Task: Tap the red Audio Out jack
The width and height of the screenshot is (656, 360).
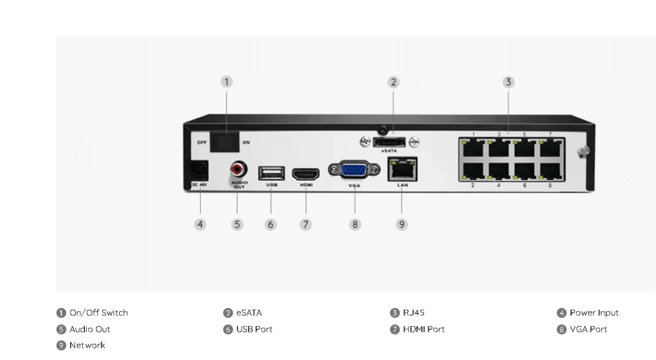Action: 238,170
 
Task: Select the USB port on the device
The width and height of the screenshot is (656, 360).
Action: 271,173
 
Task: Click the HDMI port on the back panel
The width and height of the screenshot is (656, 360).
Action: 306,173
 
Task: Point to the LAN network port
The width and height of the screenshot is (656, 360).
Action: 402,170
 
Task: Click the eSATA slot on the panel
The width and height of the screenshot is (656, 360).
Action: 388,142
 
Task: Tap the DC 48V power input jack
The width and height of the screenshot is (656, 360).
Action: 199,170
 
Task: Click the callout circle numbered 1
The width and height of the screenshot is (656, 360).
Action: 227,82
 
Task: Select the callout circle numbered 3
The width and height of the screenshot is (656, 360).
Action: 508,82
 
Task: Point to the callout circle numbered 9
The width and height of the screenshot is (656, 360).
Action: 402,224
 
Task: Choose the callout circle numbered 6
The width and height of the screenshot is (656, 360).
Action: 270,224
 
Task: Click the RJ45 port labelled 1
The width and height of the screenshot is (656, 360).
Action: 473,147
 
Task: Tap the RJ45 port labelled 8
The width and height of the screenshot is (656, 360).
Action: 550,172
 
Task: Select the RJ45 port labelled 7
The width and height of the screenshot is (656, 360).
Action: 550,147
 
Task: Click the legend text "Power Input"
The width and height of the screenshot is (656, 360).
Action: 594,313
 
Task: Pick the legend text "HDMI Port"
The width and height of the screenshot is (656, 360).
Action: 424,329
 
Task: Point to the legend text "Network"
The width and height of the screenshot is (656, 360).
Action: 87,346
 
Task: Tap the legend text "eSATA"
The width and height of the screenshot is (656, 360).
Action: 249,313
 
